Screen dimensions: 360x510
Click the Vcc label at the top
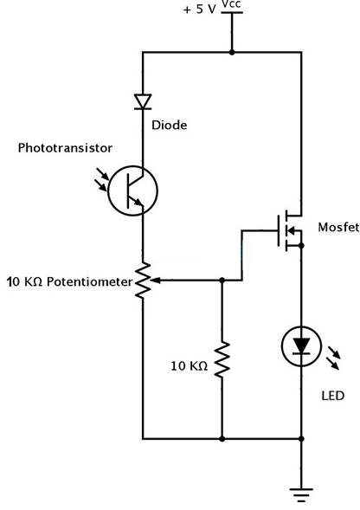[231, 4]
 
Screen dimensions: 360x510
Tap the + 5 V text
[199, 10]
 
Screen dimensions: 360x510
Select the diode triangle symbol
[143, 101]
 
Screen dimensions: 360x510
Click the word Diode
[170, 126]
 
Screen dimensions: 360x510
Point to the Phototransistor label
[65, 148]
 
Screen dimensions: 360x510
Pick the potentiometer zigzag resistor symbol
[143, 280]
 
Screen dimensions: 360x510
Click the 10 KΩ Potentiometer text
[70, 281]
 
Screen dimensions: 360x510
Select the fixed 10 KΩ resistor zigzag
[222, 359]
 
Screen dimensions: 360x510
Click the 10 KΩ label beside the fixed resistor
[190, 366]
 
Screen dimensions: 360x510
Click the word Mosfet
[338, 227]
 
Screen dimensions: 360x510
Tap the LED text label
[332, 396]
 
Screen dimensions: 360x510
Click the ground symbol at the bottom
[301, 494]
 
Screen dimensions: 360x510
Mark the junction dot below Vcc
[232, 52]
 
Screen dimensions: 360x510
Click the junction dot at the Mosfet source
[301, 246]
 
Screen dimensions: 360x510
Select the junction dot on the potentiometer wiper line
[222, 280]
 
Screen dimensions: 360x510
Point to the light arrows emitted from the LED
[334, 358]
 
